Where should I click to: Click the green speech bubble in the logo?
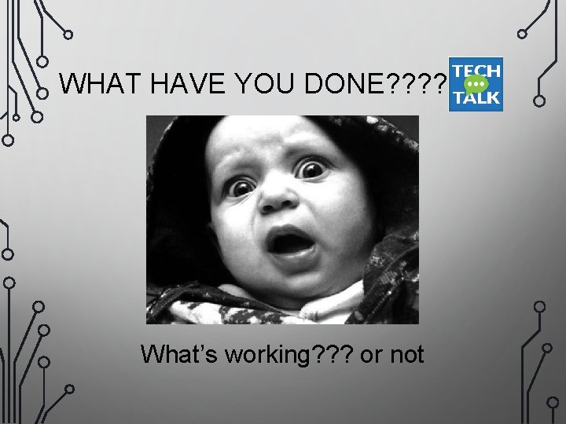475,84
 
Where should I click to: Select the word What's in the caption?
179,355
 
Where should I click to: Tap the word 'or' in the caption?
370,356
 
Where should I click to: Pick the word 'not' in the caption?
406,355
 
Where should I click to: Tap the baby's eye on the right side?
314,169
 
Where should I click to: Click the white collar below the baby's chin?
314,302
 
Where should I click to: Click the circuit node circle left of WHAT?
44,91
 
